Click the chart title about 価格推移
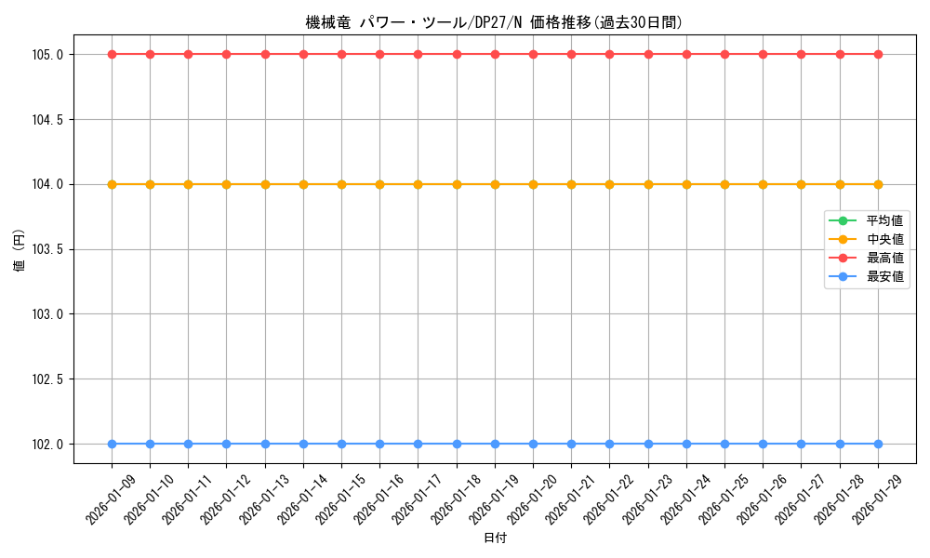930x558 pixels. point(500,22)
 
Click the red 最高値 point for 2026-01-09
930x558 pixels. point(112,54)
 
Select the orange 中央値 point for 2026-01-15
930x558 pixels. point(341,184)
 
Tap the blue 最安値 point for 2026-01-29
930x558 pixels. point(878,444)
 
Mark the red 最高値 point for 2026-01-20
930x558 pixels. point(533,54)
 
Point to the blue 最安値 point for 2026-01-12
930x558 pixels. point(227,444)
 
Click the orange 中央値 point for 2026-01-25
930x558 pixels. point(724,184)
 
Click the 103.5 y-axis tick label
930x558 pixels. point(47,249)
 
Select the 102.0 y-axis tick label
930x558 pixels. point(47,444)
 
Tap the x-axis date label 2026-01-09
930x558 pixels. point(109,498)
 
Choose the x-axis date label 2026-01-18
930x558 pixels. point(454,498)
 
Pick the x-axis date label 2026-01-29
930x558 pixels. point(875,498)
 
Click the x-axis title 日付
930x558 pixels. point(495,538)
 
